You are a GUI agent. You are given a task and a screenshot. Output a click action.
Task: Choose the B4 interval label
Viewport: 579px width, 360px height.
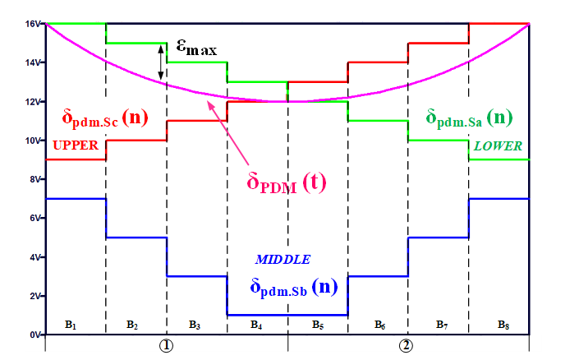point(256,325)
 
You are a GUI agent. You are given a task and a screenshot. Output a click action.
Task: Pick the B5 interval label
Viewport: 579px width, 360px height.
point(317,325)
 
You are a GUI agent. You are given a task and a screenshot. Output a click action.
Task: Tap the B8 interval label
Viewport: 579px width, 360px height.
point(503,325)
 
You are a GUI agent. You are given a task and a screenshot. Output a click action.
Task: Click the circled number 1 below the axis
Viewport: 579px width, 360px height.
point(166,345)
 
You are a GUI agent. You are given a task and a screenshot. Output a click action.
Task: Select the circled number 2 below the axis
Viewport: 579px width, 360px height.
point(407,345)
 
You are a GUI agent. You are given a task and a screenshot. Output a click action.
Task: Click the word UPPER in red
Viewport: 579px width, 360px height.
point(76,145)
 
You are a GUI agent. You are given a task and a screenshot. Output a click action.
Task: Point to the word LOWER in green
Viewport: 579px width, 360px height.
point(498,145)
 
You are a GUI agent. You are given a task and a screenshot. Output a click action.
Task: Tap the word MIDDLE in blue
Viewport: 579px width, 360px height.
point(283,259)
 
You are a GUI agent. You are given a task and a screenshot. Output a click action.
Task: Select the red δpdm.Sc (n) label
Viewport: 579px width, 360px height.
point(105,117)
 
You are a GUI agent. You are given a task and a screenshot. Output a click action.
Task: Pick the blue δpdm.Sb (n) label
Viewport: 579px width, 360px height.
point(292,287)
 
